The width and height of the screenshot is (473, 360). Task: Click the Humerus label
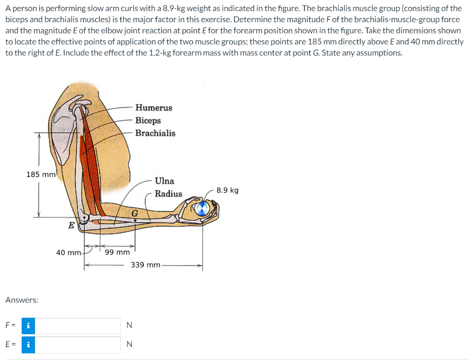pos(153,108)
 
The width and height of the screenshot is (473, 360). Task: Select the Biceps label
pos(148,120)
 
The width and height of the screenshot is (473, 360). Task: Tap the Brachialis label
pos(155,133)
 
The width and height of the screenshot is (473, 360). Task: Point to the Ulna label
pos(164,181)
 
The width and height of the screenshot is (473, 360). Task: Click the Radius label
pos(168,194)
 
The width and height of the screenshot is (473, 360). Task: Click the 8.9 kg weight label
pos(227,190)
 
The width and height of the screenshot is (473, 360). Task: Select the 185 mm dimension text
pos(41,174)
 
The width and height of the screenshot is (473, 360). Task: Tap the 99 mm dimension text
pos(117,252)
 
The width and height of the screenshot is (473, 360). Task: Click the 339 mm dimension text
pos(146,265)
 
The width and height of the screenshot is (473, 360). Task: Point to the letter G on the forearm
pos(134,213)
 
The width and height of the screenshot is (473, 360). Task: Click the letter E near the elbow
pos(71,226)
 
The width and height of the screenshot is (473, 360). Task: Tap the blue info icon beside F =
pos(29,325)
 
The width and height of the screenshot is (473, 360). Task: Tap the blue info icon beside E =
pos(29,344)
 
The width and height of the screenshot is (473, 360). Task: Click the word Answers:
pos(22,300)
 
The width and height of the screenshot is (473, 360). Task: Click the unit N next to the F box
pos(129,325)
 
